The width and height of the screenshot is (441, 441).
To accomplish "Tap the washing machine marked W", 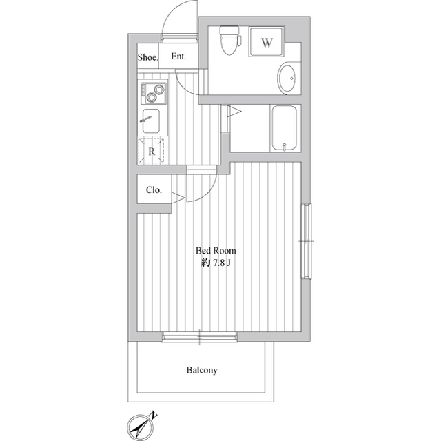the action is (267, 42).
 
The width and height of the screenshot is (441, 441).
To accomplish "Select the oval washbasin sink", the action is (287, 79).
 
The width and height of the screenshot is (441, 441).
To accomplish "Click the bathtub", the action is (285, 129).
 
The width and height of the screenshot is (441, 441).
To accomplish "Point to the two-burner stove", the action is (153, 93).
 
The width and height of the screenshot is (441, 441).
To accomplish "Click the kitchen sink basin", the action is (151, 121).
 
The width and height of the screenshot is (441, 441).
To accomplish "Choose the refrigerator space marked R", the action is (151, 151).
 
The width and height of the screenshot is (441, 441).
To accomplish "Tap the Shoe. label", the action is (148, 58).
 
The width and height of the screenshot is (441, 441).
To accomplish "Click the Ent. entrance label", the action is (178, 57).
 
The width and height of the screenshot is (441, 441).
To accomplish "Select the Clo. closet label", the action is (154, 190).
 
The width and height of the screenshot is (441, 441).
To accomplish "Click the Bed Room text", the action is (216, 251).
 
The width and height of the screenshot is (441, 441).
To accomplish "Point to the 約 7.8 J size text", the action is (216, 263).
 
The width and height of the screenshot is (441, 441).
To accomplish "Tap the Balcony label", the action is (202, 370).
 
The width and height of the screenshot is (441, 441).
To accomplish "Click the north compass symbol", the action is (141, 427).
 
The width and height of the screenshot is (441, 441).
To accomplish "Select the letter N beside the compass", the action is (153, 415).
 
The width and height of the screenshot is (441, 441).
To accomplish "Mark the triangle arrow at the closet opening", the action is (178, 198).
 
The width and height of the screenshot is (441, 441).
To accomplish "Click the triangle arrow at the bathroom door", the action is (234, 112).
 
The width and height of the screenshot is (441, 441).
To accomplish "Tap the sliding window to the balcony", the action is (199, 337).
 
